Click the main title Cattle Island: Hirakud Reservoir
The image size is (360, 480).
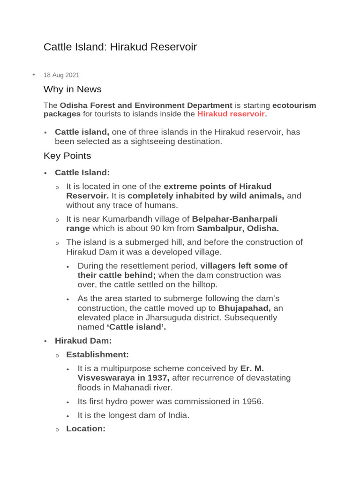[120, 47]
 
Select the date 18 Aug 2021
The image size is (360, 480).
[61, 75]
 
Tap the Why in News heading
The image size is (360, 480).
[72, 89]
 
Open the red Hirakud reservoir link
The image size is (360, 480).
[231, 114]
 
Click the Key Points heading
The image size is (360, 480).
[67, 156]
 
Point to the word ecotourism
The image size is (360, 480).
[294, 105]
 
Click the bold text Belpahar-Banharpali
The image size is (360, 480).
[238, 219]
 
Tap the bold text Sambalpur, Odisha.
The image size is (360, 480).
[238, 228]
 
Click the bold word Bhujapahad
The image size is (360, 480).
[244, 308]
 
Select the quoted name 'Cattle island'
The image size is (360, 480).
[133, 327]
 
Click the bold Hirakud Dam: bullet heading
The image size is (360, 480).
[83, 341]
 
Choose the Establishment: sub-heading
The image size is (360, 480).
[97, 354]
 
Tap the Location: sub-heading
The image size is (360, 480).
[86, 428]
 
